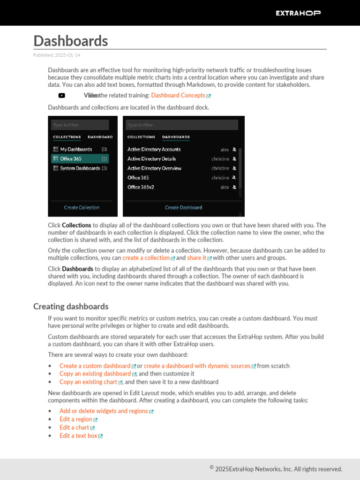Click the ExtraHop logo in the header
(298, 13)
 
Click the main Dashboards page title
(71, 41)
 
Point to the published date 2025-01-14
(57, 55)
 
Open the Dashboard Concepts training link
(178, 96)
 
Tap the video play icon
(62, 96)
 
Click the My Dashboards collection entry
(76, 150)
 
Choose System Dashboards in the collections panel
(80, 168)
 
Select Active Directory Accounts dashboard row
(154, 150)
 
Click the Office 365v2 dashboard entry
(141, 187)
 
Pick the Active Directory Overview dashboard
(154, 168)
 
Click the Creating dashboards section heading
(71, 307)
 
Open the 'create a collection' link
(146, 258)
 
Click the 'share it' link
(196, 258)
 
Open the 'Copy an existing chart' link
(88, 382)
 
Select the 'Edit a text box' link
(78, 436)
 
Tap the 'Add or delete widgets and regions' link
(104, 411)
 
